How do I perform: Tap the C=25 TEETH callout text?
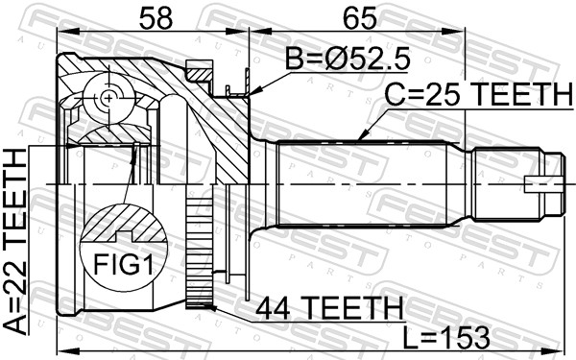[x=477, y=94]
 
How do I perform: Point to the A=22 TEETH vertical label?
[x=16, y=244]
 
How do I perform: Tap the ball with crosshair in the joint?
[x=107, y=98]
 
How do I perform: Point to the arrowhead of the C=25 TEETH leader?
[x=359, y=140]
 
